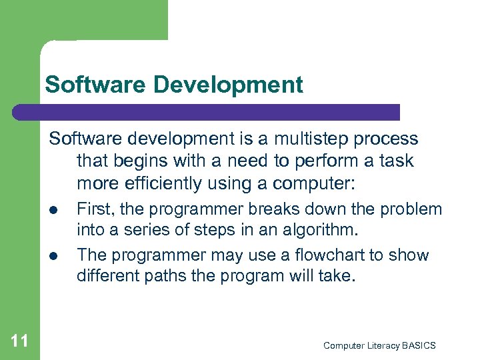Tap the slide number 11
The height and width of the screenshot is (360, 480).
pos(20,342)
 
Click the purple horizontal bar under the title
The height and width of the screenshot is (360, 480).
pos(207,112)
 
